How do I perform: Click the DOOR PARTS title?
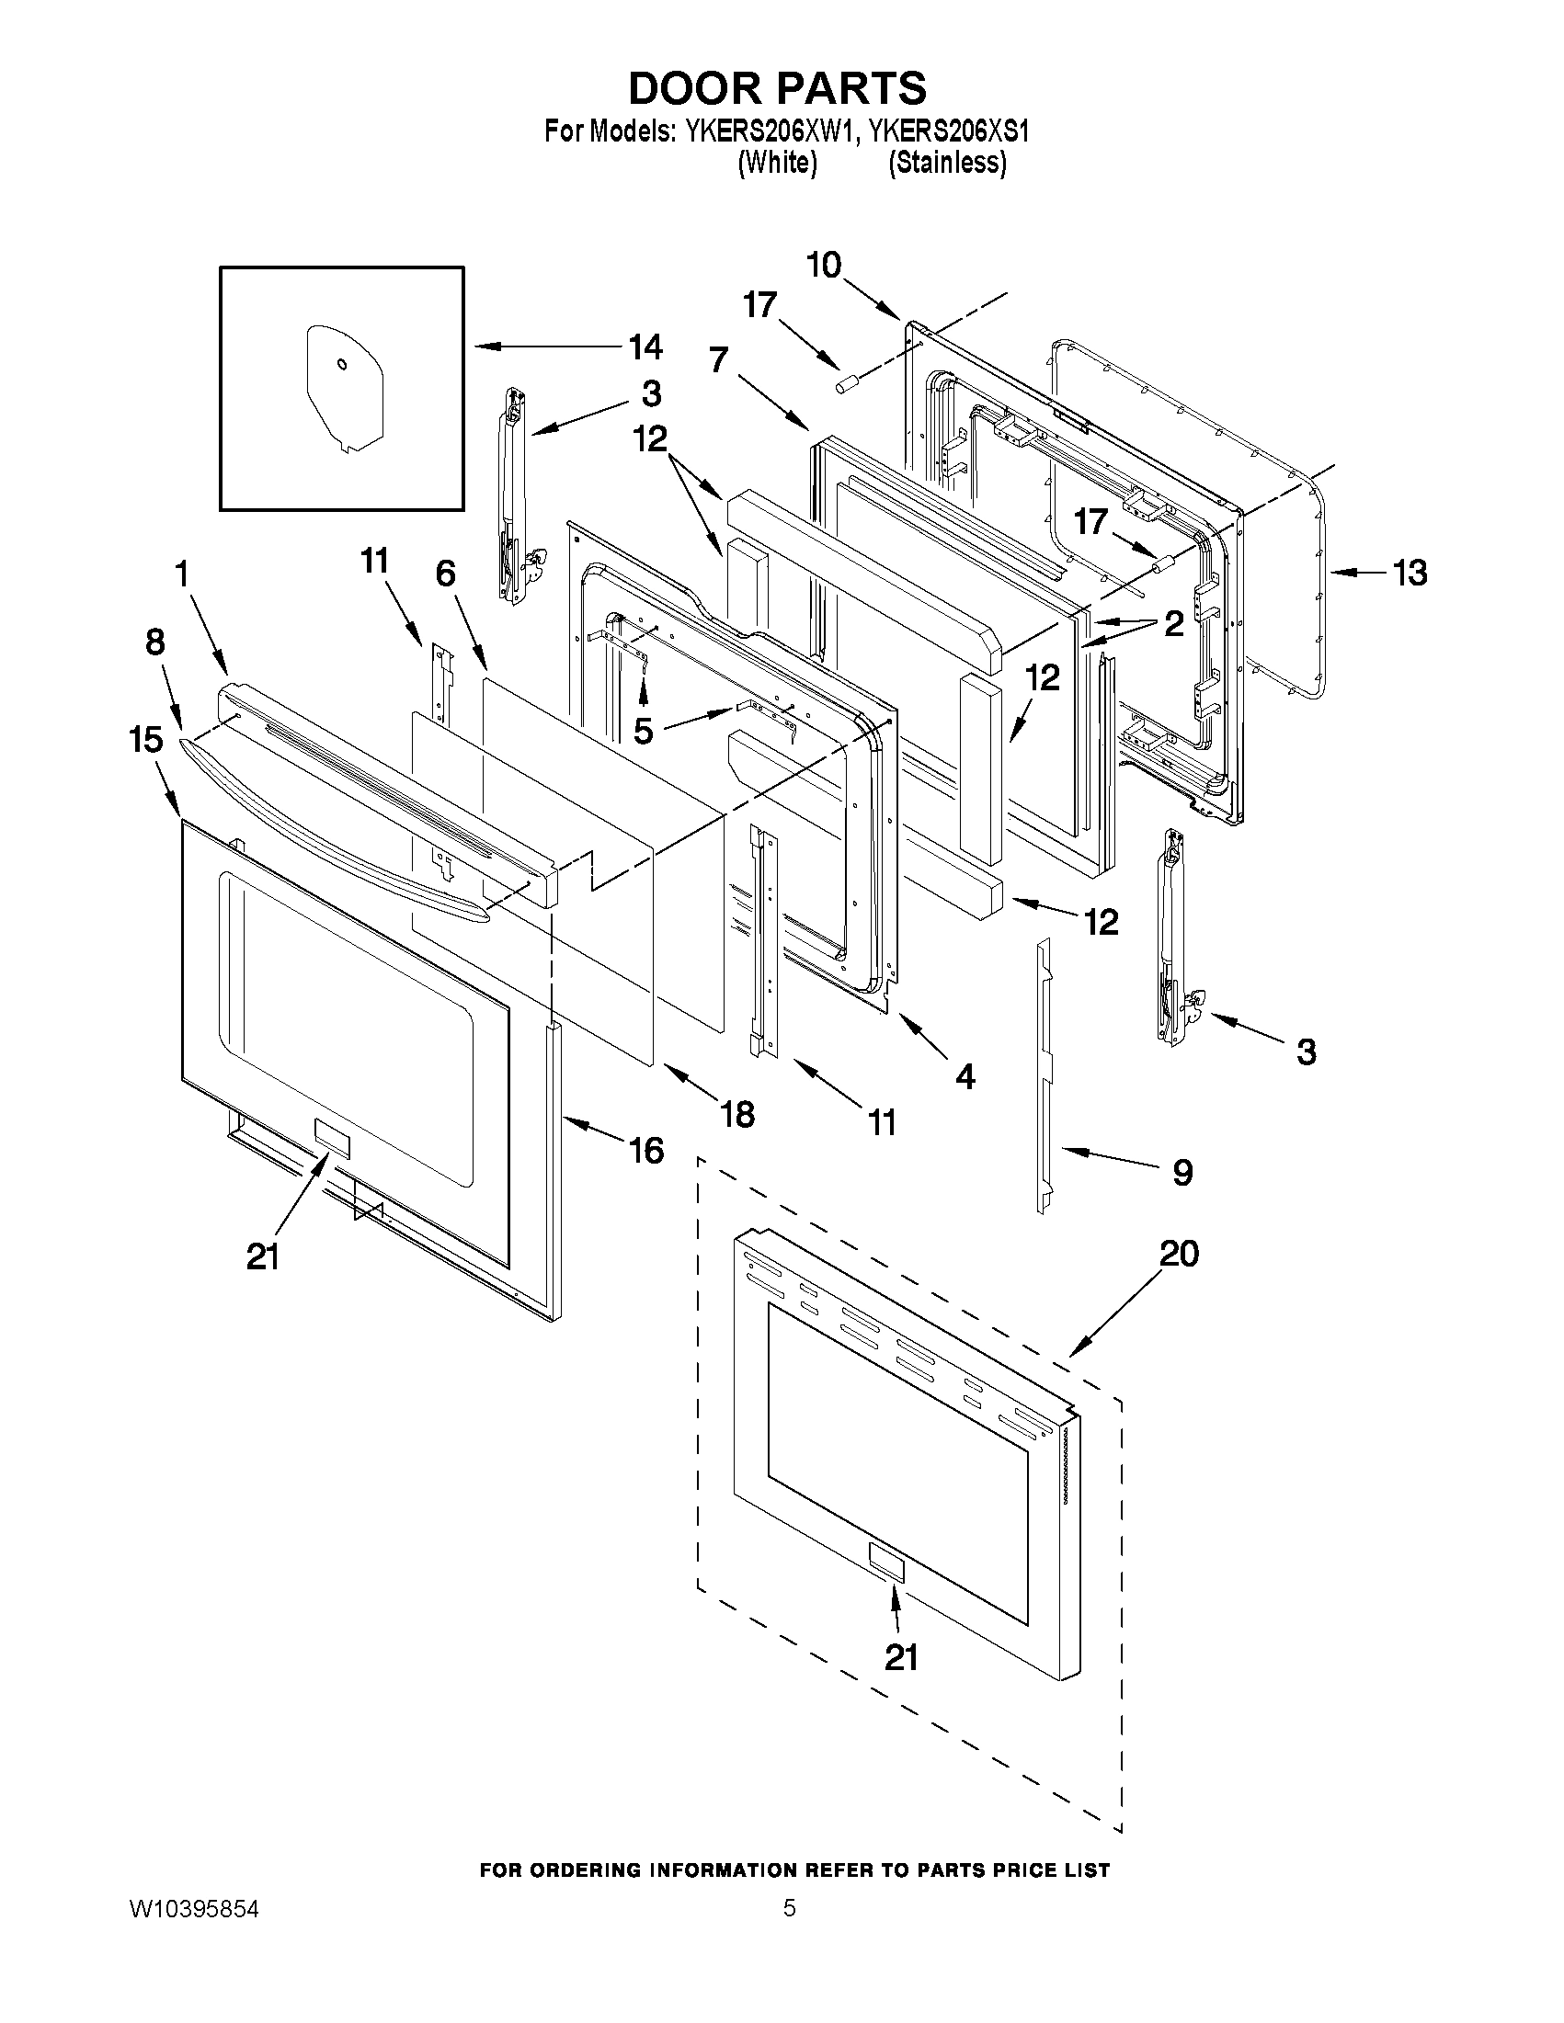tap(776, 88)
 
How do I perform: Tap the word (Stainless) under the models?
tap(947, 163)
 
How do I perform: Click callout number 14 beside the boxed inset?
tap(645, 347)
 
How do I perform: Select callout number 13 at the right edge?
tap(1410, 574)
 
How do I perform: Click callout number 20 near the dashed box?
tap(1179, 1255)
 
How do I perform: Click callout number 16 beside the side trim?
tap(645, 1151)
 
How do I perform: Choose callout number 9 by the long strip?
tap(1182, 1173)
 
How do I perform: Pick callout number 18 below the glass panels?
tap(737, 1114)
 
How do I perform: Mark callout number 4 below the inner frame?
tap(965, 1076)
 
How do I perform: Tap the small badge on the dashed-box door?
tap(885, 1561)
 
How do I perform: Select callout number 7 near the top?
tap(718, 359)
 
